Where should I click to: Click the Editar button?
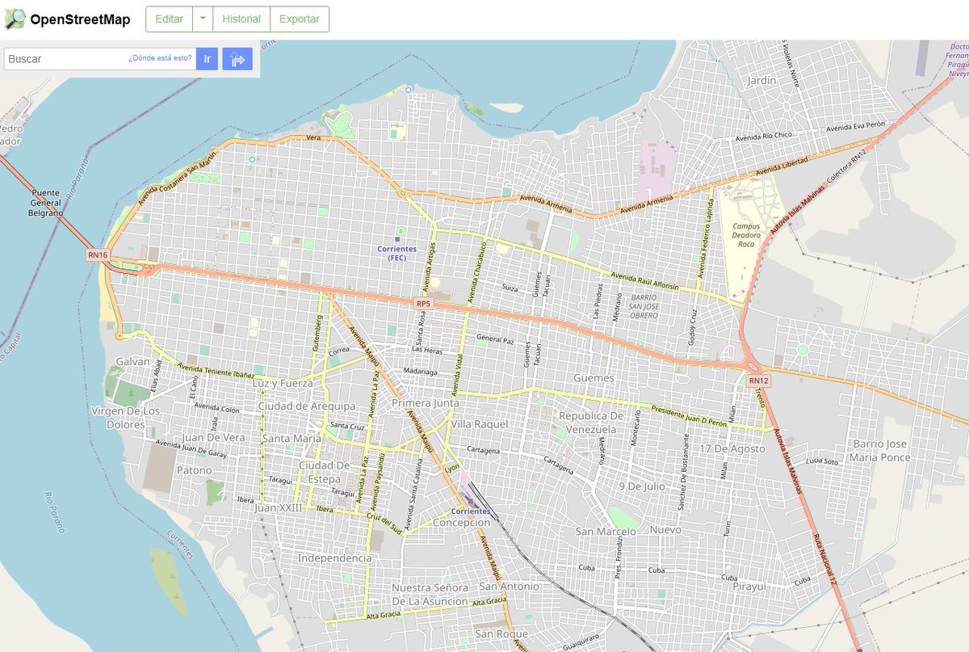tap(169, 19)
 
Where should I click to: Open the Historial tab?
tap(241, 19)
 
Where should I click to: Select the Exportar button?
tap(300, 19)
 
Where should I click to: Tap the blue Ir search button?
tap(207, 59)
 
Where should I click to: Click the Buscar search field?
tap(65, 59)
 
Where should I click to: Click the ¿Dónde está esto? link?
tap(160, 58)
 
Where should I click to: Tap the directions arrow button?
tap(237, 59)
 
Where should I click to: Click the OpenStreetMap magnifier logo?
tap(15, 19)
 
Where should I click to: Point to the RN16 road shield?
tap(97, 255)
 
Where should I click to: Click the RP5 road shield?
tap(423, 304)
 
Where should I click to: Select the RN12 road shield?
tap(757, 381)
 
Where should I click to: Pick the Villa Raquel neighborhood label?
tap(480, 424)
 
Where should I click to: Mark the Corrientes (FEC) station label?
tap(396, 253)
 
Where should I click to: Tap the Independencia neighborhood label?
tap(334, 558)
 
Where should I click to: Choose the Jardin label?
tap(761, 81)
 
